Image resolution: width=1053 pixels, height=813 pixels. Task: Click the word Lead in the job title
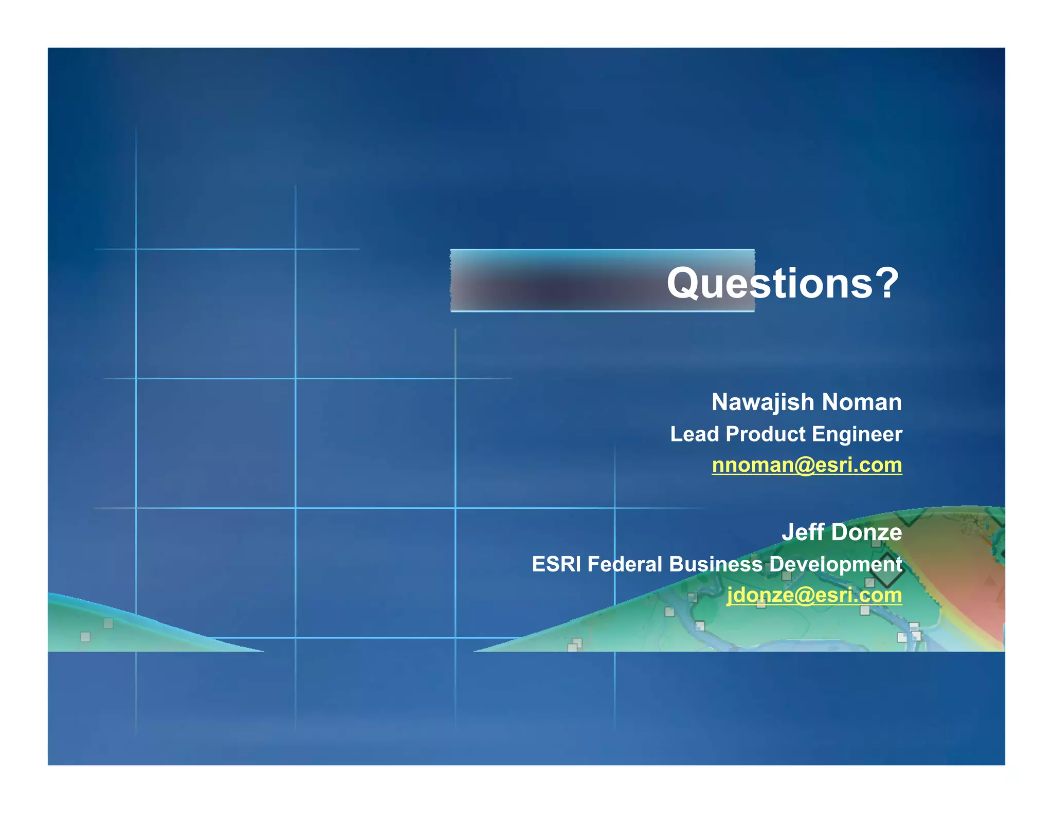coord(694,434)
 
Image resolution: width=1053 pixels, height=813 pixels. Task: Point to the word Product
coord(765,434)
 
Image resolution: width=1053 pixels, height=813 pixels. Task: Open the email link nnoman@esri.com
coord(806,465)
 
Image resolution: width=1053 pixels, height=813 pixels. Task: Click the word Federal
coord(624,564)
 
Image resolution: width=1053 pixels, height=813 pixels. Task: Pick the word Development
coord(836,564)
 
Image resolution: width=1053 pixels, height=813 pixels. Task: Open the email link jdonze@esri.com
coord(814,595)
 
